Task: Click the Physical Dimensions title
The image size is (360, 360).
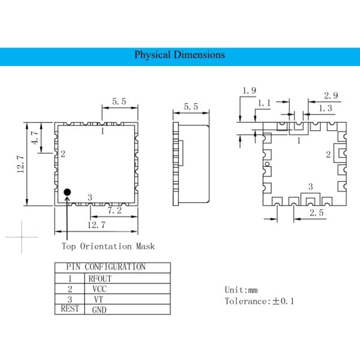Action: click(179, 55)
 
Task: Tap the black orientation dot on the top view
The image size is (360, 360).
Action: click(67, 192)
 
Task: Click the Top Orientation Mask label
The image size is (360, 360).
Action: click(108, 246)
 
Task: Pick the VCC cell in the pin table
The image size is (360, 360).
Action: click(100, 289)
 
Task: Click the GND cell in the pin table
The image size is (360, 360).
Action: click(100, 310)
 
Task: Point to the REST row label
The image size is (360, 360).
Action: click(70, 309)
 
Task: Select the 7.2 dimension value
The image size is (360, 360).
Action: click(115, 211)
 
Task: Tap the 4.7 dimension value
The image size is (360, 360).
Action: click(35, 139)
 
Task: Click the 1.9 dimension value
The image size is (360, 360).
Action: click(249, 91)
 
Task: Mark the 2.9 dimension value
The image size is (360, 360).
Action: click(330, 96)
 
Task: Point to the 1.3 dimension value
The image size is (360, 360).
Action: click(326, 108)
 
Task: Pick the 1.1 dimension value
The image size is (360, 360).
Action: click(264, 103)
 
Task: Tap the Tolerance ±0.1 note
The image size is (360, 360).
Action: click(259, 301)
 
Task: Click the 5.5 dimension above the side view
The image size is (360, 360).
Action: click(191, 107)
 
